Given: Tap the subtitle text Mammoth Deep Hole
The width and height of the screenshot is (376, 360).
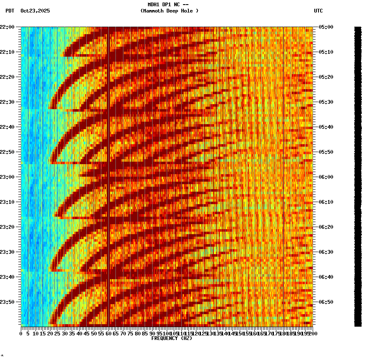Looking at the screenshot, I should [x=169, y=11].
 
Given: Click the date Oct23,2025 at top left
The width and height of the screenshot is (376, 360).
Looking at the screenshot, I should [x=35, y=11].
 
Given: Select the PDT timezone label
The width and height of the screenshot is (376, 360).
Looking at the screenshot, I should [x=10, y=11].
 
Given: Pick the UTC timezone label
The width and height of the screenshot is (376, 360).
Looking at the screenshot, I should [x=318, y=11].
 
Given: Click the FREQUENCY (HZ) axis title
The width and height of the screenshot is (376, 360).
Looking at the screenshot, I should [x=172, y=338].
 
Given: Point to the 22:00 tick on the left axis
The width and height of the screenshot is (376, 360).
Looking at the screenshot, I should [x=8, y=27].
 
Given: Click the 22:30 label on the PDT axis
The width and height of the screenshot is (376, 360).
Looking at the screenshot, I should [x=8, y=102].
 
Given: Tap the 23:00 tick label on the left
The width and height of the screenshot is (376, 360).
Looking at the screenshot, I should [x=8, y=177].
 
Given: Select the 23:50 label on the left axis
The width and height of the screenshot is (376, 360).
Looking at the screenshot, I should [x=8, y=302].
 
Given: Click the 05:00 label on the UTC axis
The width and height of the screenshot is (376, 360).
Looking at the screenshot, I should [x=326, y=27].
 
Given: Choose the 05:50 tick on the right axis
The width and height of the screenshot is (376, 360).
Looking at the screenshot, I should [x=326, y=152].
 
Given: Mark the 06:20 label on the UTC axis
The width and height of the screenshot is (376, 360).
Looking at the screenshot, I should [x=326, y=227].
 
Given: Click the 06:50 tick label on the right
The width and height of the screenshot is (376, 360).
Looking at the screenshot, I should [x=326, y=302].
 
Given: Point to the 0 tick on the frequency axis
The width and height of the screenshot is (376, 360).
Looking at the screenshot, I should [x=21, y=334].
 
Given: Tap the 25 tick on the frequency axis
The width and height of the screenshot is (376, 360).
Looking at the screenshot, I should [x=58, y=334].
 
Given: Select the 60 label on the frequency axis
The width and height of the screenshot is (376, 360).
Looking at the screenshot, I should [x=109, y=334].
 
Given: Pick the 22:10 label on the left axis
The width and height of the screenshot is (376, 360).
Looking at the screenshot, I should [x=8, y=52].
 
